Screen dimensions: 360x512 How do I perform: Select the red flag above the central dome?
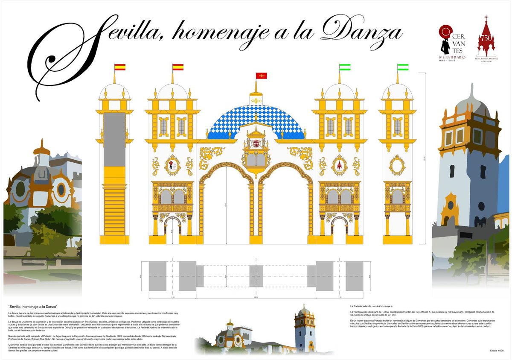pyautogui.click(x=261, y=76)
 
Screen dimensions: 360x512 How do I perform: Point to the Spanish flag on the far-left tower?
pyautogui.click(x=120, y=67)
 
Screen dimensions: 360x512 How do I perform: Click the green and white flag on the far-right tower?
pyautogui.click(x=403, y=67)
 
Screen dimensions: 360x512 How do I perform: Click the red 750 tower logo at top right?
pyautogui.click(x=486, y=41)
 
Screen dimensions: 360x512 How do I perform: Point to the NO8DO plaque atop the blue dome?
pyautogui.click(x=256, y=100)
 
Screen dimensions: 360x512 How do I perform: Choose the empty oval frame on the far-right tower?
pyautogui.click(x=397, y=165)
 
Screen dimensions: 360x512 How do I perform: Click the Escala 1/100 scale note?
pyautogui.click(x=496, y=351)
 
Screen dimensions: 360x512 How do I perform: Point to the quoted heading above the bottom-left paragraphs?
pyautogui.click(x=33, y=307)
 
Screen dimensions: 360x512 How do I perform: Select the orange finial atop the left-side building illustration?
pyautogui.click(x=41, y=147)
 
